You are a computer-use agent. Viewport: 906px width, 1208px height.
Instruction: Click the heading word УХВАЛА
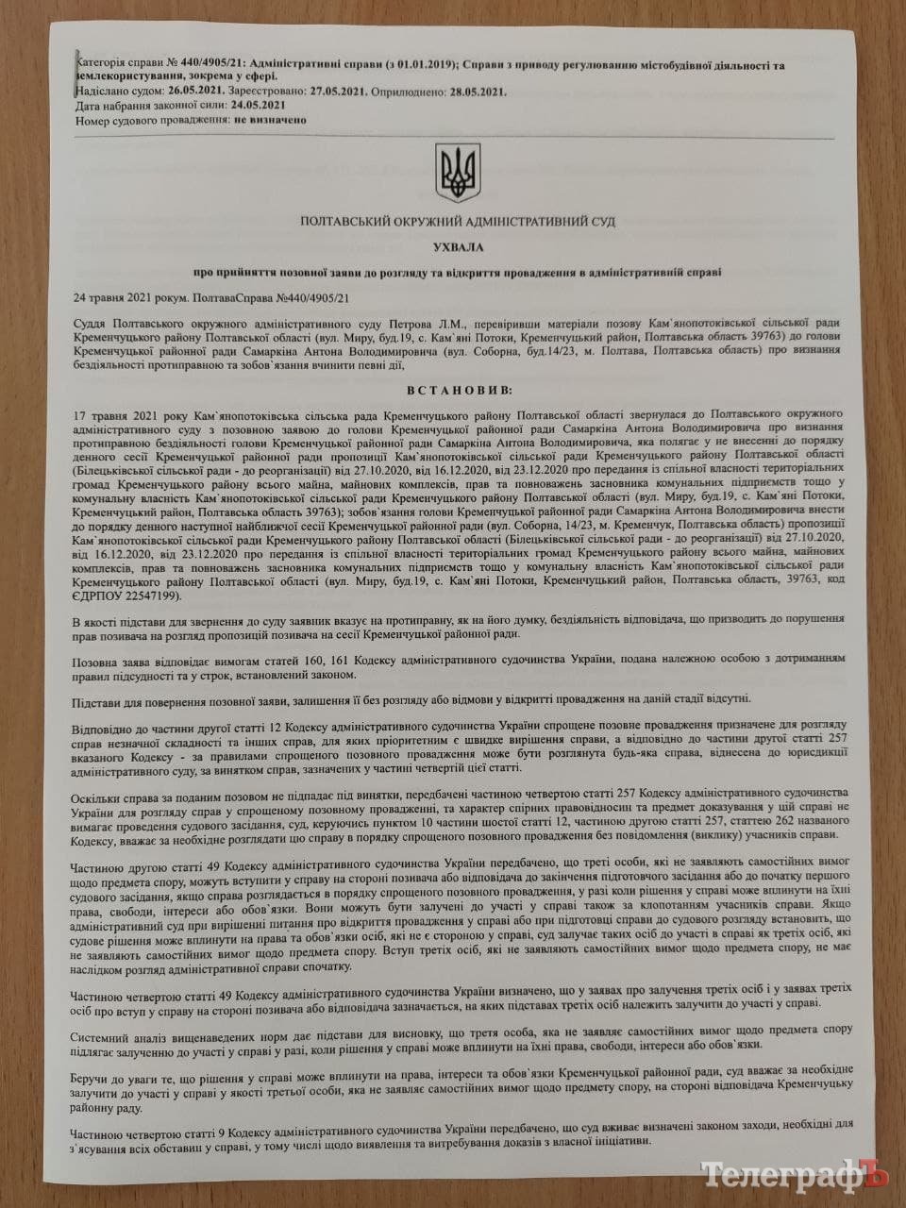coord(454,246)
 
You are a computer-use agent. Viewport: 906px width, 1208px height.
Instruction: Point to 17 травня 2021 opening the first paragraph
coord(114,414)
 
